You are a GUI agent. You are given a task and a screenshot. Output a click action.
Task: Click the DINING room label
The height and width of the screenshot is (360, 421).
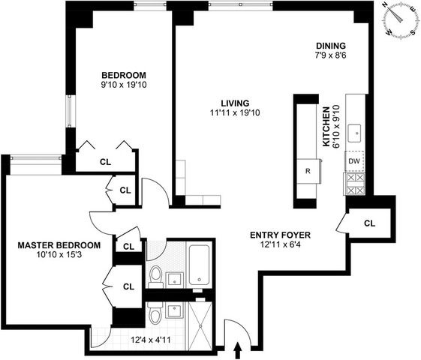[331, 45]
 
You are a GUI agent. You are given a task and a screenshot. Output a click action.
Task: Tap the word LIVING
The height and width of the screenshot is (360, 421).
[234, 103]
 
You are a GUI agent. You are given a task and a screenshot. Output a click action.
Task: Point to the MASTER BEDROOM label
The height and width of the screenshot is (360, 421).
[59, 245]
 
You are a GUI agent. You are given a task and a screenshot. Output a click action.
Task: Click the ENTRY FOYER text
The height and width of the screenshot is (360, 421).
[280, 235]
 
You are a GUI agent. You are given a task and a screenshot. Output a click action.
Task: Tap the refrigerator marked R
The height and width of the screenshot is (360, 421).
[308, 171]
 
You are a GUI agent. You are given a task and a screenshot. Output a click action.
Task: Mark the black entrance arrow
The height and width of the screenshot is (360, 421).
[239, 349]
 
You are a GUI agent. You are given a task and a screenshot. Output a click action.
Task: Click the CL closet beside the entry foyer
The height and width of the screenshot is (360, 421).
[368, 223]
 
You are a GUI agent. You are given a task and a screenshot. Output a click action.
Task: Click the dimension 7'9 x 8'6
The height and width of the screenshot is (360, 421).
[331, 55]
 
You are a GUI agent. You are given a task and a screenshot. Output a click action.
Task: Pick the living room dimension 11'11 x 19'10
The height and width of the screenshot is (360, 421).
[234, 113]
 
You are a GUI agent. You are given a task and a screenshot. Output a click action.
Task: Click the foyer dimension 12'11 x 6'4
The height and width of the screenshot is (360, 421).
[280, 245]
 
